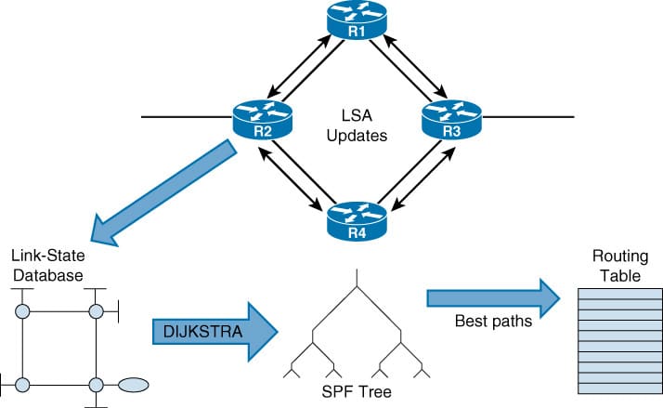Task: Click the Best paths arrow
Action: click(x=492, y=297)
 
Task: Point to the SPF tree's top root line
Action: click(x=357, y=279)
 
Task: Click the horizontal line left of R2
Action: click(x=186, y=119)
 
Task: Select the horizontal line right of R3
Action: click(x=529, y=119)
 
